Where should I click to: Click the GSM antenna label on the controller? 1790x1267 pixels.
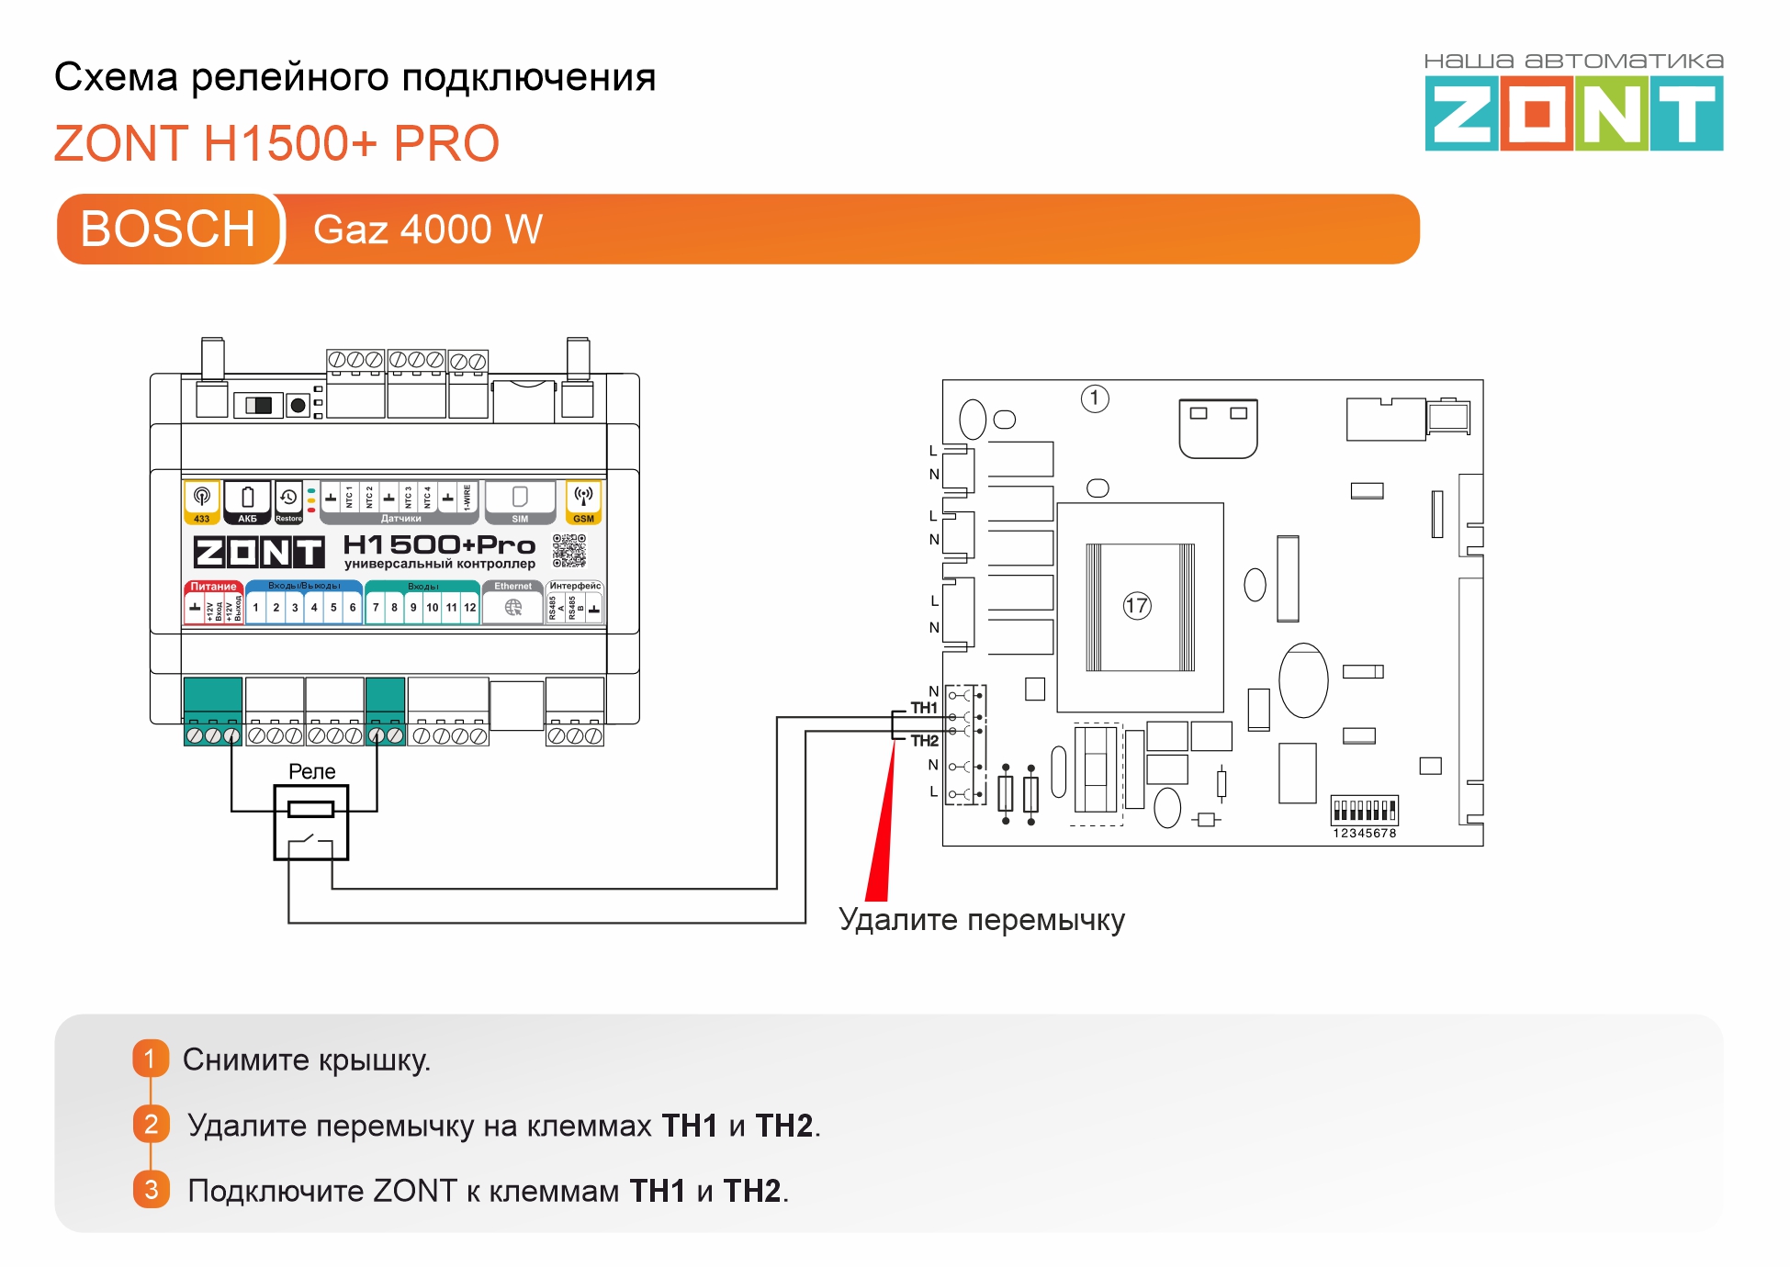click(583, 519)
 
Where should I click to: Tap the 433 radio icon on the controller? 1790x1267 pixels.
click(202, 497)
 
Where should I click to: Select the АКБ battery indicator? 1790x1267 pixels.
click(248, 502)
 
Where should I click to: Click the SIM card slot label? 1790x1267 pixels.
click(520, 519)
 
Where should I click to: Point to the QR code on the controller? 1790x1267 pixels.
click(569, 551)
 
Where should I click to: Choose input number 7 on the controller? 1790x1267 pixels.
click(376, 608)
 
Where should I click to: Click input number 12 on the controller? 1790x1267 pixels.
click(469, 608)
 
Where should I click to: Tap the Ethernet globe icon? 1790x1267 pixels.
click(513, 607)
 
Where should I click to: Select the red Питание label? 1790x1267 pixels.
click(213, 587)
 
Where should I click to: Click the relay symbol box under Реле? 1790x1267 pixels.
click(311, 823)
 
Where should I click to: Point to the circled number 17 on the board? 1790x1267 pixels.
click(1137, 606)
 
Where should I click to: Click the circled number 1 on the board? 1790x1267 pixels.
click(1095, 398)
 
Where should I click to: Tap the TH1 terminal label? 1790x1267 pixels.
click(924, 708)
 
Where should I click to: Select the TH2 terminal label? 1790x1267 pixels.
click(924, 741)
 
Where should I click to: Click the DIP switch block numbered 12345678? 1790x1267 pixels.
click(1365, 811)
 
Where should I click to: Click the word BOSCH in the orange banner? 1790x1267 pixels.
click(168, 230)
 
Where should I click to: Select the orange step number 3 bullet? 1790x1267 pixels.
click(152, 1190)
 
